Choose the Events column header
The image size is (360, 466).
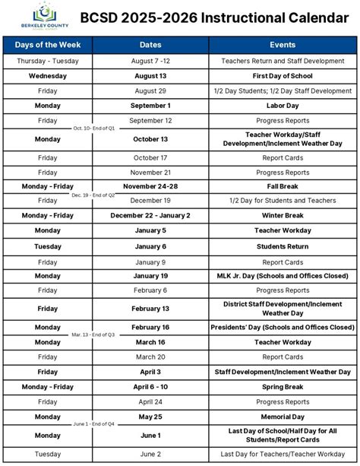point(282,45)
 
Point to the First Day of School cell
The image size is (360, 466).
point(282,76)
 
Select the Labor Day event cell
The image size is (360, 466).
point(282,106)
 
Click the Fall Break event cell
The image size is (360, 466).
point(282,186)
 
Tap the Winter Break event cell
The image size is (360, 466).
point(282,215)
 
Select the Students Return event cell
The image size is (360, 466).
point(282,246)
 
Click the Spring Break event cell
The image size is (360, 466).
point(282,386)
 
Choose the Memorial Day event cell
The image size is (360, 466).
point(282,417)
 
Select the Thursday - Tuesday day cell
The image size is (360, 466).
point(47,60)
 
